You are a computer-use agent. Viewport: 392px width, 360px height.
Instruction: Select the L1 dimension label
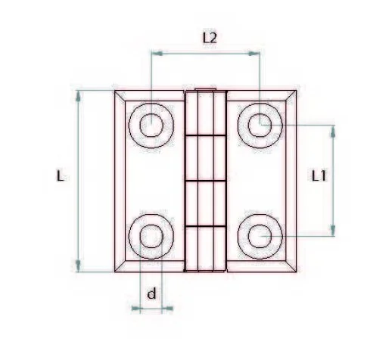coord(320,175)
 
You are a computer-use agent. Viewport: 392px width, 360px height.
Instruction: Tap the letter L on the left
coord(60,176)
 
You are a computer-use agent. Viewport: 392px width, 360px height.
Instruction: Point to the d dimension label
coord(151,294)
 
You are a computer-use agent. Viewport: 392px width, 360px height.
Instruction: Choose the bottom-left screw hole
coord(151,236)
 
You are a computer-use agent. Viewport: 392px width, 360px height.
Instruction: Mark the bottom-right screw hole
coord(260,236)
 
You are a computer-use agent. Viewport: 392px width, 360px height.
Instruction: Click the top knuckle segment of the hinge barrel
coord(206,113)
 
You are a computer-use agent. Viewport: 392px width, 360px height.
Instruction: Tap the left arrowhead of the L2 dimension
coord(155,53)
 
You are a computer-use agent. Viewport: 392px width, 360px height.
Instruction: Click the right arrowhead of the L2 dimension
coord(256,53)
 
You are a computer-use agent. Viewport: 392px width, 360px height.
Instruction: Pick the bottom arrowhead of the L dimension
coord(79,267)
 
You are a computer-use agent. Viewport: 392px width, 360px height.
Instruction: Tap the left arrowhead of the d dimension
coord(136,308)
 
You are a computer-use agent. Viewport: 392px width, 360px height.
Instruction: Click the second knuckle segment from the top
coord(206,159)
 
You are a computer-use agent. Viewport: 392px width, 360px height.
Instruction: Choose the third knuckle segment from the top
coord(206,203)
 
